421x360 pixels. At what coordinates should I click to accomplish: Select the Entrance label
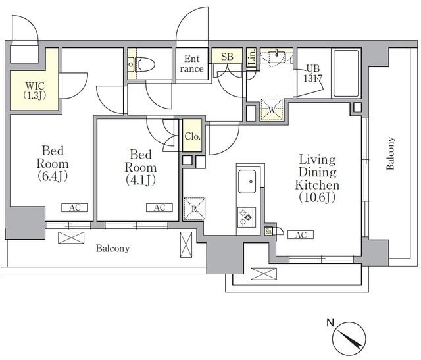pyautogui.click(x=193, y=63)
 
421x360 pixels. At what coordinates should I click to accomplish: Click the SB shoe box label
pyautogui.click(x=227, y=57)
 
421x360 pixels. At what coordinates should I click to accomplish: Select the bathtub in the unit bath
pyautogui.click(x=346, y=72)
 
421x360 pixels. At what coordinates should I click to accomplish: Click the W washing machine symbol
pyautogui.click(x=271, y=110)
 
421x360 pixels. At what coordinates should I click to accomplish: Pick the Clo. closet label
pyautogui.click(x=192, y=136)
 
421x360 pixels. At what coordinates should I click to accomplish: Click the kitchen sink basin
pyautogui.click(x=248, y=180)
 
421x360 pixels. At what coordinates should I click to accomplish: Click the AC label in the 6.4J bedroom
pyautogui.click(x=75, y=207)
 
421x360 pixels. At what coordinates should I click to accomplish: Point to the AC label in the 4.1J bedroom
pyautogui.click(x=159, y=207)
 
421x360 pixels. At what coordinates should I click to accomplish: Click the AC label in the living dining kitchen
pyautogui.click(x=300, y=235)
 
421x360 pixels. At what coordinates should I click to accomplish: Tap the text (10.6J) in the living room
pyautogui.click(x=316, y=197)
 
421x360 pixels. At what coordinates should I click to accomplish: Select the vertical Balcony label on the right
pyautogui.click(x=391, y=154)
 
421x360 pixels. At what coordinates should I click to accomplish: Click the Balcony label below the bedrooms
pyautogui.click(x=112, y=249)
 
